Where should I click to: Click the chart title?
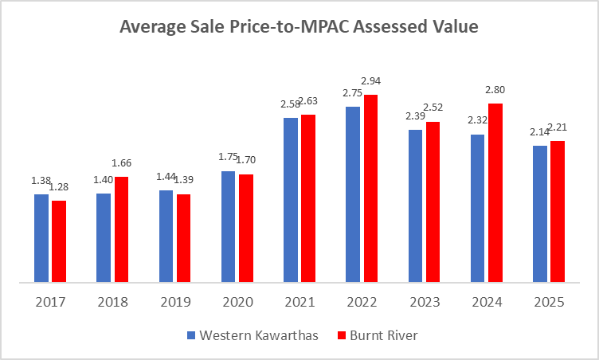pyautogui.click(x=299, y=28)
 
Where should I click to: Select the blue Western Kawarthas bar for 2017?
pyautogui.click(x=41, y=238)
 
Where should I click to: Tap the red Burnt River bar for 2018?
pyautogui.click(x=121, y=229)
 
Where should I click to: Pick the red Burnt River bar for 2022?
pyautogui.click(x=370, y=188)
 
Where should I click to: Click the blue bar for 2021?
pyautogui.click(x=291, y=200)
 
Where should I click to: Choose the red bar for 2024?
pyautogui.click(x=495, y=193)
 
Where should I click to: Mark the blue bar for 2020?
pyautogui.click(x=229, y=226)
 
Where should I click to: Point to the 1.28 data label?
pyautogui.click(x=60, y=187)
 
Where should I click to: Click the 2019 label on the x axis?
pyautogui.click(x=175, y=303)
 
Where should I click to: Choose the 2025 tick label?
pyautogui.click(x=550, y=303)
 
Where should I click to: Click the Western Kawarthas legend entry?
pyautogui.click(x=253, y=335)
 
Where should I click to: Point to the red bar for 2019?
pyautogui.click(x=184, y=238)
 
